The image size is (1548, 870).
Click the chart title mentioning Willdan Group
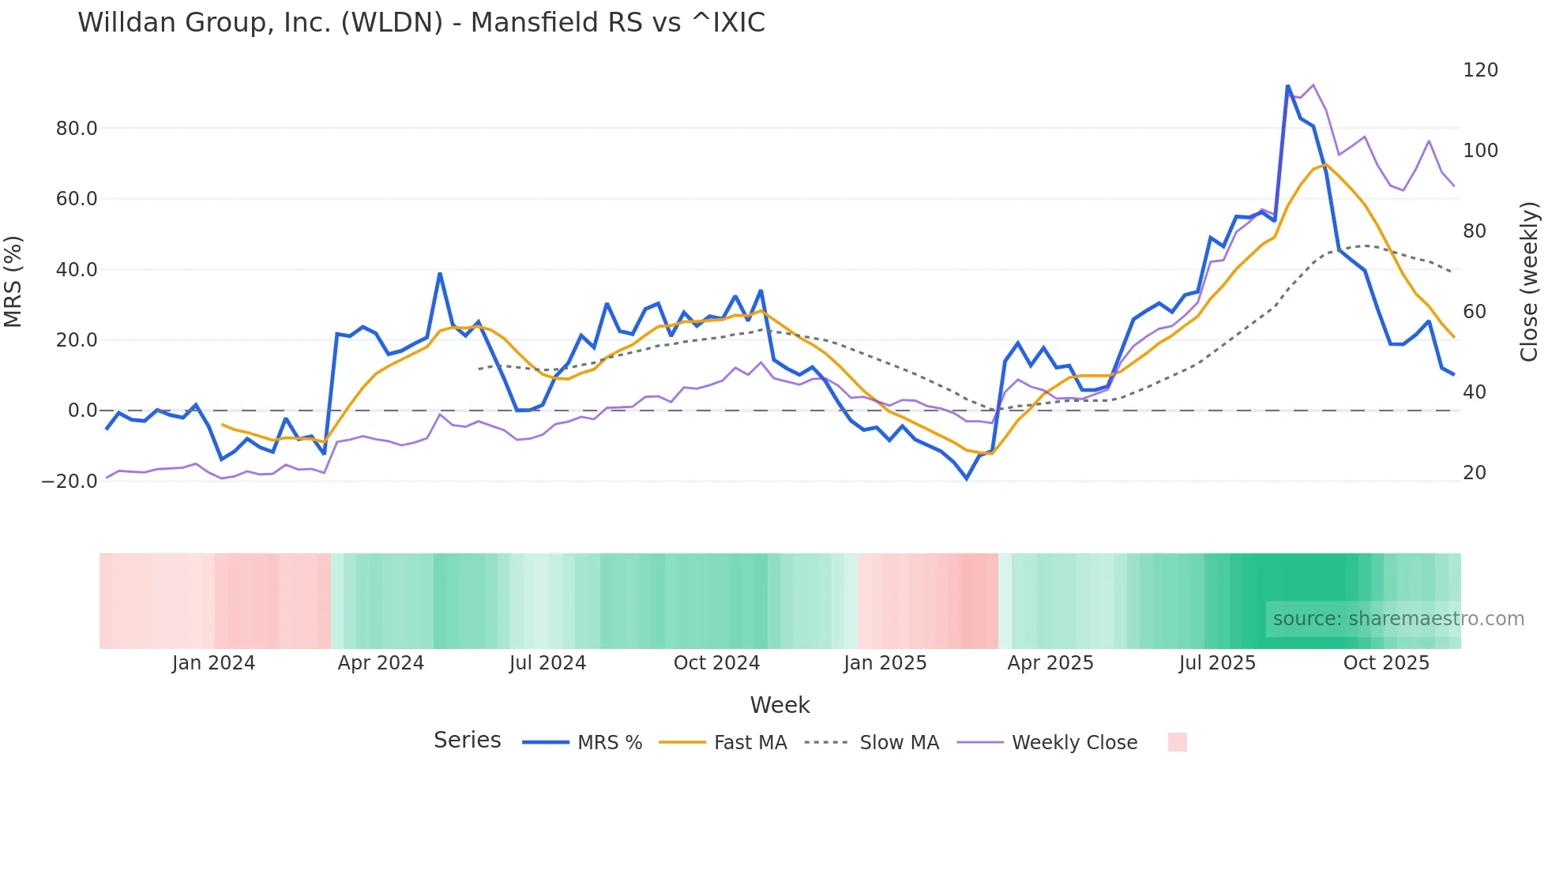click(421, 23)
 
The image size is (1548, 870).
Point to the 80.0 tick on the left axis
click(76, 129)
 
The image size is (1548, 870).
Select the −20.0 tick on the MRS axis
click(70, 481)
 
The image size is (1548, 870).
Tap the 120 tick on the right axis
click(1480, 70)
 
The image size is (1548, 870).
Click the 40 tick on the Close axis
click(1474, 392)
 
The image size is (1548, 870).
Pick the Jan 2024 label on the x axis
click(213, 663)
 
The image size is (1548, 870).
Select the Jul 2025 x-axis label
click(1217, 663)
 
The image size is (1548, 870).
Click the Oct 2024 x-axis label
click(716, 663)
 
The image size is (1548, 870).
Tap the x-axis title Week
click(780, 705)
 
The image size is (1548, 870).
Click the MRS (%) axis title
click(13, 281)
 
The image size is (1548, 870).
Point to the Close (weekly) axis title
click(1530, 281)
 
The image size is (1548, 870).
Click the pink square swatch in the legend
click(1177, 742)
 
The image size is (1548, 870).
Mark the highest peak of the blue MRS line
click(1287, 86)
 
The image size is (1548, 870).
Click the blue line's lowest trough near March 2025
click(967, 478)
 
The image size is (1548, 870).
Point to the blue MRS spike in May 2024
click(440, 274)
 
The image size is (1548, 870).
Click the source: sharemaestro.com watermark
click(1398, 619)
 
